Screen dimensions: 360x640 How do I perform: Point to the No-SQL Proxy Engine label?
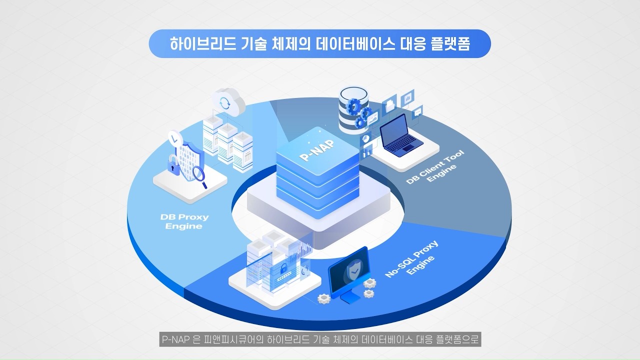tap(411, 259)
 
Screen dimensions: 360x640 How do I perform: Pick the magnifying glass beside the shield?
tap(201, 175)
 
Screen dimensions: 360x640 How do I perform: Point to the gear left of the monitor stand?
tap(324, 298)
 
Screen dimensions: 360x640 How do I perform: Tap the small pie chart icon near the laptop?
tap(365, 137)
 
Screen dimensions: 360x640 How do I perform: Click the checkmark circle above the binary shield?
tap(173, 136)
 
